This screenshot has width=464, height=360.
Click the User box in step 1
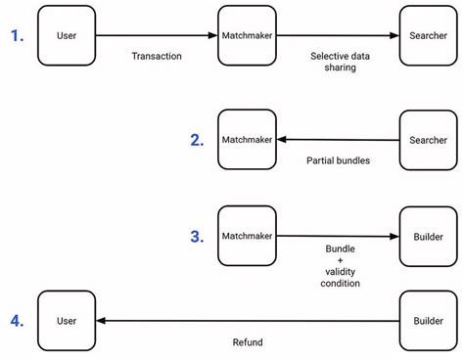67,35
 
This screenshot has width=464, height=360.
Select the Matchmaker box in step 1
247,35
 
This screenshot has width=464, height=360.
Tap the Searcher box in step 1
427,35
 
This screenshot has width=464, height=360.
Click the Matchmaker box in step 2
247,140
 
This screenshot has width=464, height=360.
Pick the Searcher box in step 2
427,140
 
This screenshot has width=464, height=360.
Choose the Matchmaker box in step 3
247,236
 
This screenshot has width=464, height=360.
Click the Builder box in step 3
427,236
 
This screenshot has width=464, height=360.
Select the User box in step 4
67,319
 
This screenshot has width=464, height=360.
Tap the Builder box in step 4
427,319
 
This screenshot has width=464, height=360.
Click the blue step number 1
17,35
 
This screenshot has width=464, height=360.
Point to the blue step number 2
197,140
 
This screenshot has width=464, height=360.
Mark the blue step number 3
197,236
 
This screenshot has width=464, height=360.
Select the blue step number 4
17,319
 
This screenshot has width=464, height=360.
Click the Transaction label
157,56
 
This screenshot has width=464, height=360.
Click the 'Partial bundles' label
339,160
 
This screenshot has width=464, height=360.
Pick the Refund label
247,342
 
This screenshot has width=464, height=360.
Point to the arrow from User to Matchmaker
157,35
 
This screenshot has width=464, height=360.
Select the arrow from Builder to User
247,320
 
